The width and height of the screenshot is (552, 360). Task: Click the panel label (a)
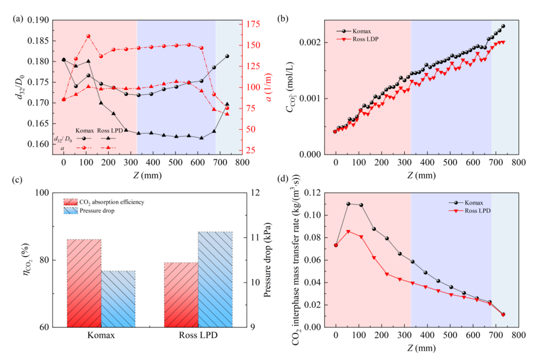point(19,19)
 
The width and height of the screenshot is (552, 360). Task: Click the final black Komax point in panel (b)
point(503,26)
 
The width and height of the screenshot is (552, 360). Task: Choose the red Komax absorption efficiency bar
point(84,283)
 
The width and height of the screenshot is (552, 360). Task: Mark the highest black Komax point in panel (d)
point(348,204)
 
